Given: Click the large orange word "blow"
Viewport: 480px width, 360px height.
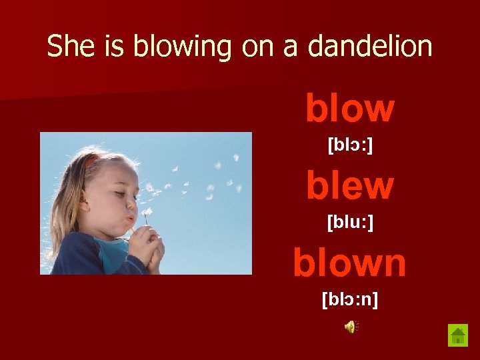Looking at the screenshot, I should pyautogui.click(x=350, y=109).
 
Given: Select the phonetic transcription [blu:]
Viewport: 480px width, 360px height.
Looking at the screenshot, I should pyautogui.click(x=350, y=222).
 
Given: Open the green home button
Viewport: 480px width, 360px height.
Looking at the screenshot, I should pyautogui.click(x=458, y=335).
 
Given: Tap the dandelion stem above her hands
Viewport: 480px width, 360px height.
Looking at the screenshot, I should pyautogui.click(x=145, y=221).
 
